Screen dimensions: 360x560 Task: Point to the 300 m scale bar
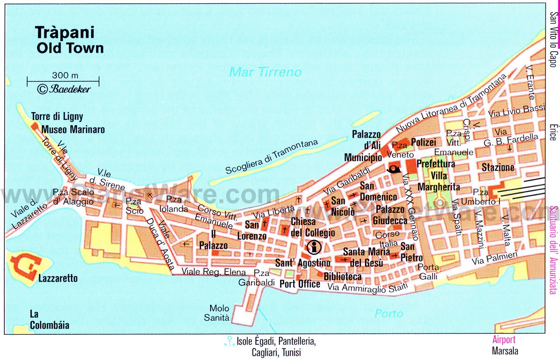[x=63, y=80]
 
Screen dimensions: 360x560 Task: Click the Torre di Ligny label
[x=57, y=117]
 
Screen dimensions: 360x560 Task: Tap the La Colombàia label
[x=49, y=319]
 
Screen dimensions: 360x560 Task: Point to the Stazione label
[x=498, y=167]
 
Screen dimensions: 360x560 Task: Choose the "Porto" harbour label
[x=389, y=313]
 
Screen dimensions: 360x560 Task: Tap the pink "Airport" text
[x=504, y=340]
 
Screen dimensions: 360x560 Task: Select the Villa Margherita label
[x=438, y=181]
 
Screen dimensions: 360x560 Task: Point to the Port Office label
[x=300, y=284]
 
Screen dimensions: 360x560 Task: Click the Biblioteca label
[x=342, y=277]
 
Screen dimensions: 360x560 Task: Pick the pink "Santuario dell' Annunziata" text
[x=553, y=250]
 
